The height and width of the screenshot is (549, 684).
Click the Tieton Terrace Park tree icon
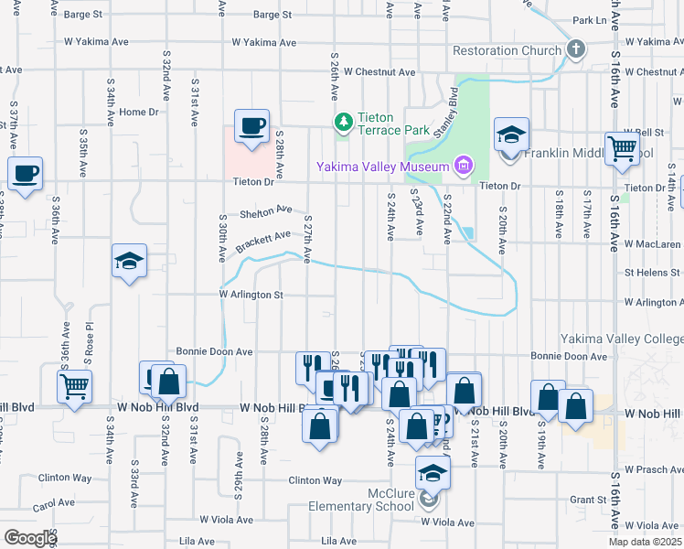344,122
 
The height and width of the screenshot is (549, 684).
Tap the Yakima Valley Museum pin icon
464,166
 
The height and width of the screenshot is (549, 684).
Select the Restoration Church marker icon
575,49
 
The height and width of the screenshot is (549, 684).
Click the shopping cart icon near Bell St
622,148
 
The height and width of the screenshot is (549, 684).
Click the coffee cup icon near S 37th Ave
26,173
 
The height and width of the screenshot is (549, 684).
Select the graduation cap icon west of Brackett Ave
129,262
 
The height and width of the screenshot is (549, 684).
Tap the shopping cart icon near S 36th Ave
74,385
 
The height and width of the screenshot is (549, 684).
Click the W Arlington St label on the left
251,296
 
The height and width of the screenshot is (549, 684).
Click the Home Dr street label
139,112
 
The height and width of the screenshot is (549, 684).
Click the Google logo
29,538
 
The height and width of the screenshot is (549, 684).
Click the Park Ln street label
589,20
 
